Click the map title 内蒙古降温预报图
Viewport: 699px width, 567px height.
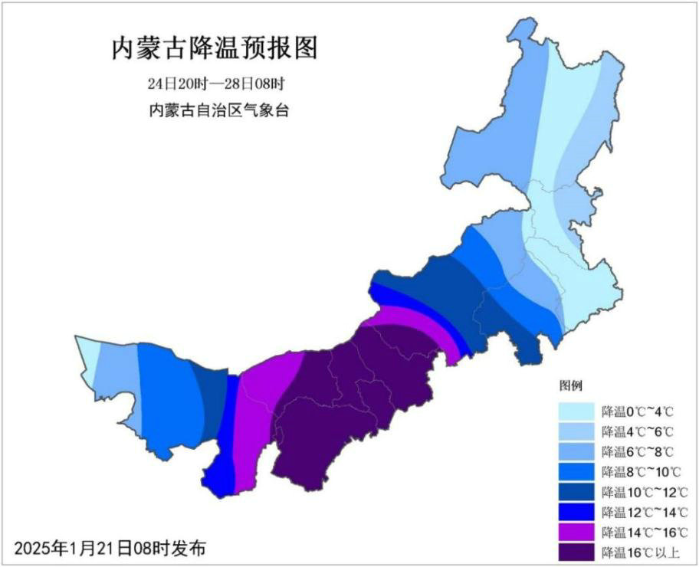(215, 49)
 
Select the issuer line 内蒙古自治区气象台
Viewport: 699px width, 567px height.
(218, 110)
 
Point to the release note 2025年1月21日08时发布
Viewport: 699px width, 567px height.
(110, 548)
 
